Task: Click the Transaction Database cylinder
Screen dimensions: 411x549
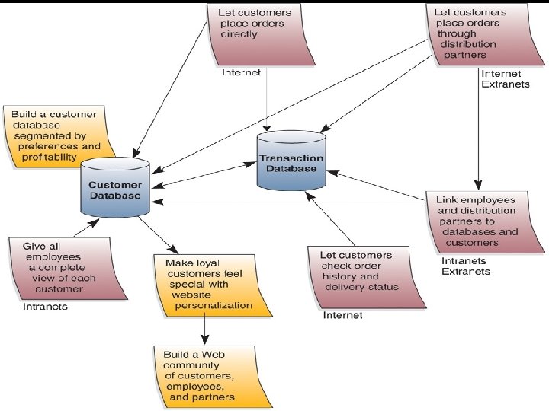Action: [291, 161]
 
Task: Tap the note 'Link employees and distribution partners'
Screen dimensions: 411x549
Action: [481, 221]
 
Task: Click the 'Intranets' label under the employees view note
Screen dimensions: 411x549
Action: [45, 307]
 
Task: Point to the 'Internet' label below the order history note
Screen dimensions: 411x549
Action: [343, 314]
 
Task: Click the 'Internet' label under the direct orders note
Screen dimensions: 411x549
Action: [241, 73]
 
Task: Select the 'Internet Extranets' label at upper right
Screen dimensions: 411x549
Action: [501, 79]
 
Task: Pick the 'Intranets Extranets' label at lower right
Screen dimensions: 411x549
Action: [466, 266]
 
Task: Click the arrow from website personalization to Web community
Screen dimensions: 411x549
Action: [204, 329]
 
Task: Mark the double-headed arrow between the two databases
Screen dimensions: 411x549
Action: [202, 173]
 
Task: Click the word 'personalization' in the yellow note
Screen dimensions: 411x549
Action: [213, 305]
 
